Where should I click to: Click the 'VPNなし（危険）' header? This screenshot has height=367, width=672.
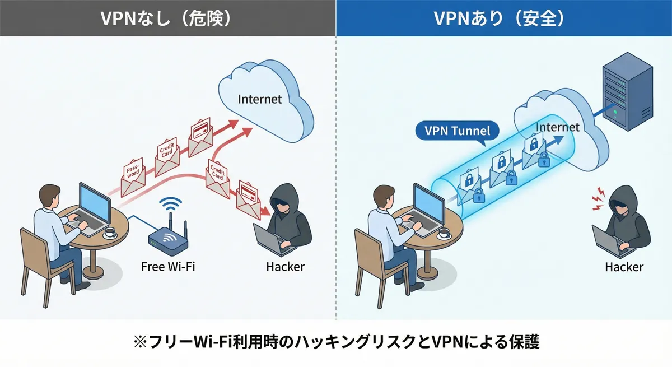pyautogui.click(x=167, y=18)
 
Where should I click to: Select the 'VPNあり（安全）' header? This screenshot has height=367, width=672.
pyautogui.click(x=503, y=18)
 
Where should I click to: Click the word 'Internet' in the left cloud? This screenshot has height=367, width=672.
pyautogui.click(x=260, y=99)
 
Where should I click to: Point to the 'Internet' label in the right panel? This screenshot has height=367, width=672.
pyautogui.click(x=557, y=127)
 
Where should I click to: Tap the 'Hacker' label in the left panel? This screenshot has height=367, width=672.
pyautogui.click(x=285, y=266)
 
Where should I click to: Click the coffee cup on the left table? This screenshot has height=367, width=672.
pyautogui.click(x=110, y=231)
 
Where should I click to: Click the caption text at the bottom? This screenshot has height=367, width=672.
pyautogui.click(x=336, y=342)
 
